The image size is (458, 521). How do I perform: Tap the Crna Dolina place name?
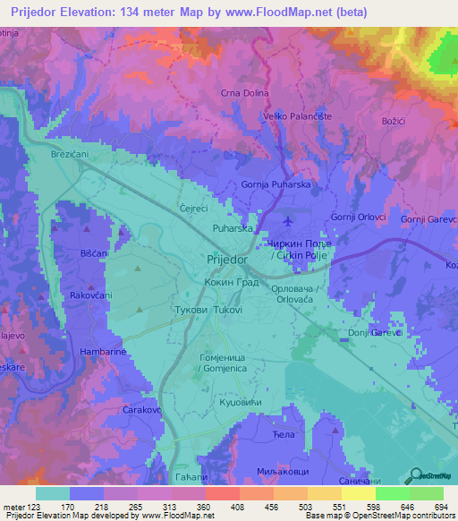[x=244, y=92]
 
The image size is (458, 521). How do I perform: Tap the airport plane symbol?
[x=286, y=220]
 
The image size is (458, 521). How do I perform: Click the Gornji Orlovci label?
[x=358, y=218]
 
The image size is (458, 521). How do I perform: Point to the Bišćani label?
[x=71, y=253]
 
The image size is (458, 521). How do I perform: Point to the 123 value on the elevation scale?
[x=34, y=508]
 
